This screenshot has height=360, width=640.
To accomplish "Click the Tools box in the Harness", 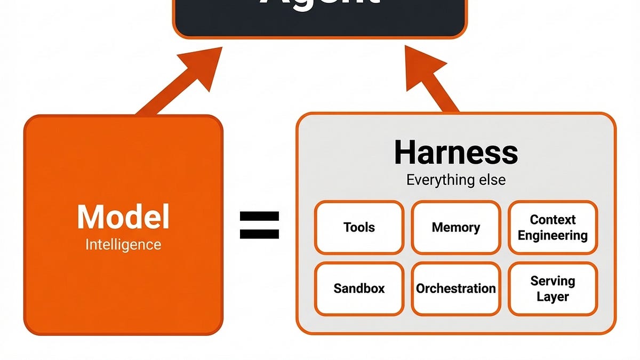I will (x=359, y=228).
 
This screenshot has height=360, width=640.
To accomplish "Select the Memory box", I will (x=456, y=228).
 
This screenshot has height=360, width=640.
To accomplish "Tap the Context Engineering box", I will (x=553, y=228).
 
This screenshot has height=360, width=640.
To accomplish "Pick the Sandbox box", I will (x=359, y=289).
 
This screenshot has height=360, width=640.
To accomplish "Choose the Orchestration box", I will (x=456, y=289).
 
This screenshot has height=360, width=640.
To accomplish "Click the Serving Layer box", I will (x=553, y=289).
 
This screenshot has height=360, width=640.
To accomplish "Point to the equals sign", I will (x=259, y=225).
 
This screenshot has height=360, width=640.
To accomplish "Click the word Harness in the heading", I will (x=456, y=153).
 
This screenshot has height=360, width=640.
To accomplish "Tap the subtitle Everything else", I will (x=456, y=180).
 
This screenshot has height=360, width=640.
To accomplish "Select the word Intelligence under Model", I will (x=123, y=245).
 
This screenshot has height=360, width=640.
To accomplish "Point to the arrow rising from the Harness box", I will (x=435, y=80).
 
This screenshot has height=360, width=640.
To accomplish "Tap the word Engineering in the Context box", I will (x=553, y=235).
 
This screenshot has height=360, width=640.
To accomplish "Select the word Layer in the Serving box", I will (x=553, y=297).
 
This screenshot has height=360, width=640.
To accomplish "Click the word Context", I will (x=553, y=220).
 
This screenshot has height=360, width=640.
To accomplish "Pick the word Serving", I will (x=553, y=281).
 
